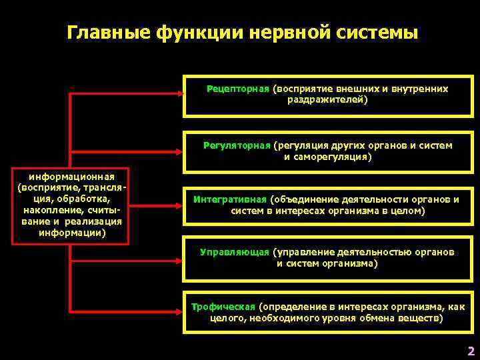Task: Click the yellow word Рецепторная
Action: [237, 89]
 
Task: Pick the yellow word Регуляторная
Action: [237, 145]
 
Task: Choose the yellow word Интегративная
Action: [231, 199]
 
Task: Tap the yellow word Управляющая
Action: [235, 252]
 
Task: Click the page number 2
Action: [471, 351]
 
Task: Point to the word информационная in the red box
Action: [71, 177]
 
